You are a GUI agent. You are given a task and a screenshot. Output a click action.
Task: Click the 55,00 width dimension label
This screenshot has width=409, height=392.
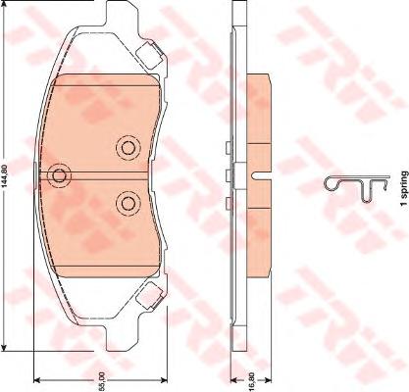coord(102,380)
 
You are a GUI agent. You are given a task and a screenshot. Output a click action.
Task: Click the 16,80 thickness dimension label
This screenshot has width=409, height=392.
coord(251,380)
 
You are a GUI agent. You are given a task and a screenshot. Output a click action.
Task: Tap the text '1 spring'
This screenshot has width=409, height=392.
coord(404,188)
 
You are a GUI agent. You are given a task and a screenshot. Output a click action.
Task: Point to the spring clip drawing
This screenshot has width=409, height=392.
coord(357,188)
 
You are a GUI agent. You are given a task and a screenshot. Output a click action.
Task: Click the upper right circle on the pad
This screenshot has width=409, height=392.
coord(128,148)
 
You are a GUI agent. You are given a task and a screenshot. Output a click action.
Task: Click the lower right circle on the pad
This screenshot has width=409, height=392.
coord(128,204)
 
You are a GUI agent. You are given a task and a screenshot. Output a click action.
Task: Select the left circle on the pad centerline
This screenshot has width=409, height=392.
coord(59,175)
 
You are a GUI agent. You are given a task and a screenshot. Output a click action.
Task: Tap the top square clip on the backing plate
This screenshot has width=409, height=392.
coord(149,55)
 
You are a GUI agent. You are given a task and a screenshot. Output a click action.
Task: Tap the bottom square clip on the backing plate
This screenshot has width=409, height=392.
coord(149,295)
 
